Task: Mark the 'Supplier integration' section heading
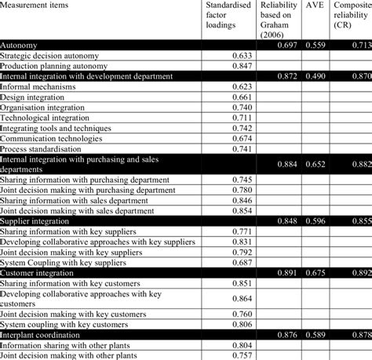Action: (x=35, y=220)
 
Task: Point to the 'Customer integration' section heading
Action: (x=36, y=271)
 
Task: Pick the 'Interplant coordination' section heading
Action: (x=40, y=333)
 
